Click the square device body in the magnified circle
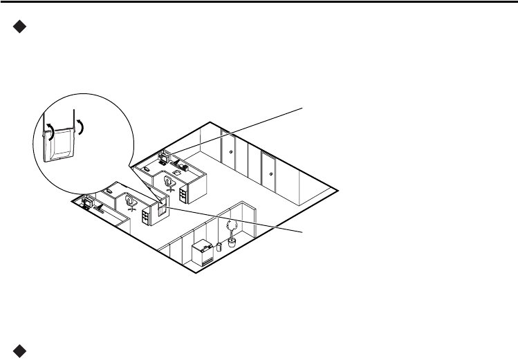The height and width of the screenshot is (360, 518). [60, 145]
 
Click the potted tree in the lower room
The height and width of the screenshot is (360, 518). [231, 231]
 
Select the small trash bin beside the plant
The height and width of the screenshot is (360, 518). [219, 245]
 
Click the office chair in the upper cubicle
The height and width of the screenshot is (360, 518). [169, 182]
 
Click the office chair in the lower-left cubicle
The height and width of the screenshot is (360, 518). [130, 202]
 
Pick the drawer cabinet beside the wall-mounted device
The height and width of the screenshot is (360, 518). [145, 216]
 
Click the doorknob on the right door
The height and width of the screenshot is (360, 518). [271, 174]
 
